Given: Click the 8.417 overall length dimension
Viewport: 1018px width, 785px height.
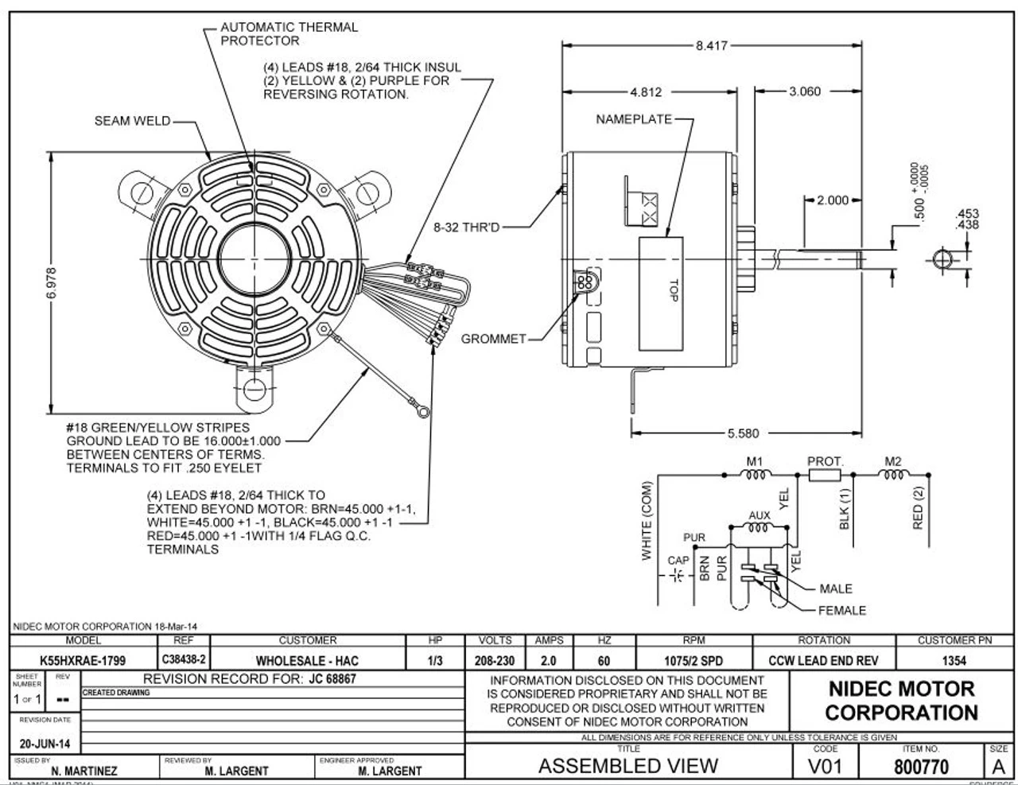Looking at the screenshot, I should click(711, 46).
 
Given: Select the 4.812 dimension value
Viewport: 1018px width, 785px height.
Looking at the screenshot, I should click(645, 92).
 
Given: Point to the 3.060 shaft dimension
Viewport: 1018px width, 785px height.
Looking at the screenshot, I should click(804, 92).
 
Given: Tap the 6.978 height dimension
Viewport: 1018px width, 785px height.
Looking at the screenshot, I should click(52, 283).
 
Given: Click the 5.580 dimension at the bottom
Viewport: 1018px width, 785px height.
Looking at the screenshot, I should click(743, 433).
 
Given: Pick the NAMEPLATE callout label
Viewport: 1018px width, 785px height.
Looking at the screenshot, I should click(633, 119).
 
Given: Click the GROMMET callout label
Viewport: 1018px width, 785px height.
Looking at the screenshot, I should click(493, 339).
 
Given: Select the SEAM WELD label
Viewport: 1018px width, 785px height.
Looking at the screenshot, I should click(132, 121).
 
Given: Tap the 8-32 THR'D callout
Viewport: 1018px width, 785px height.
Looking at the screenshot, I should click(466, 227).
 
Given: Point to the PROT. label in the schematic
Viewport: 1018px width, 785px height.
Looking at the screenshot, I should click(825, 461).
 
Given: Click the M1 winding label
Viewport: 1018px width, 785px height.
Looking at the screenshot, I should click(754, 461).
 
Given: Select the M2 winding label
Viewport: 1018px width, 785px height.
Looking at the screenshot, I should click(893, 461).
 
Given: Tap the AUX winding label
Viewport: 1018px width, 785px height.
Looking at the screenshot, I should click(760, 515).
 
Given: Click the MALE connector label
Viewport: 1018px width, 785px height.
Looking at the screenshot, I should click(835, 589).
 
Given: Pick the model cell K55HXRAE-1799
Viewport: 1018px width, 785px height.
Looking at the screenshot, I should click(83, 660).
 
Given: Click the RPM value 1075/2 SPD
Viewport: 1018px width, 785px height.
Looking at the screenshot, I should click(694, 660).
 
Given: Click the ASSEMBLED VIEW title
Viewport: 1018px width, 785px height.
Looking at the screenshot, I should click(628, 766).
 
